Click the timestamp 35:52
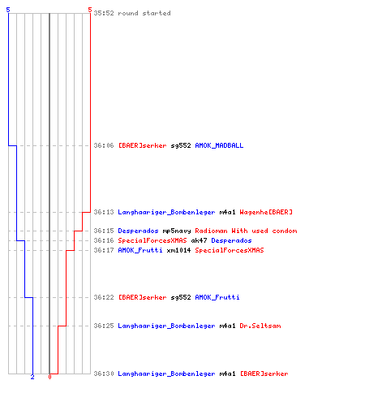tap(104, 13)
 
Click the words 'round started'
tap(144, 13)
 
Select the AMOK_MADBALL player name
tap(219, 145)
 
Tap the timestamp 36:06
tap(104, 145)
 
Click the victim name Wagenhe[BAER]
tap(266, 212)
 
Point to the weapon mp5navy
tap(177, 231)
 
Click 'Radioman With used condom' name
tap(246, 231)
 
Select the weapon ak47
tap(199, 240)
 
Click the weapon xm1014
tap(178, 250)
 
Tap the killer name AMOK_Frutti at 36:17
tap(140, 250)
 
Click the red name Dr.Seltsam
tap(260, 326)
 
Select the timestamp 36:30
tap(104, 374)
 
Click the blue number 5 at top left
tap(8, 10)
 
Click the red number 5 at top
tap(90, 10)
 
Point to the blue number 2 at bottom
tap(32, 377)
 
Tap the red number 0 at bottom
tap(49, 377)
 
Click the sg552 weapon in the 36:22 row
tap(181, 297)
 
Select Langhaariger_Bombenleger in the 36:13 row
tap(166, 212)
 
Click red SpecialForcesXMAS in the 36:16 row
tap(152, 240)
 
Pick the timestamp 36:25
tap(104, 326)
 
